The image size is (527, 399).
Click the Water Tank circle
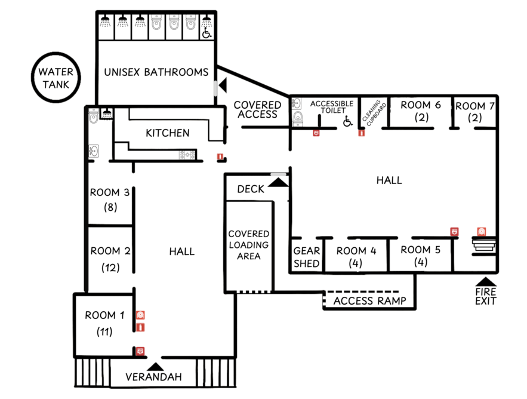click(56, 53)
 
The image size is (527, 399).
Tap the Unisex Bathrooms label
click(156, 72)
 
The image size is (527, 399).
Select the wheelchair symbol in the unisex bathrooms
click(207, 33)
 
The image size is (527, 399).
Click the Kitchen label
click(167, 133)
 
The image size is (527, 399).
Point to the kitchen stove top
click(187, 155)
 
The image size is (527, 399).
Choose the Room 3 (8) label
click(110, 199)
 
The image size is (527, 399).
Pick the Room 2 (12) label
click(110, 259)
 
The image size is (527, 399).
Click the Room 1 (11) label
click(104, 323)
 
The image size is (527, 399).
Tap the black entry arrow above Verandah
click(155, 366)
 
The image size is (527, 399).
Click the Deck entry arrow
click(278, 182)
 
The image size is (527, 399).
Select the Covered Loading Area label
click(249, 245)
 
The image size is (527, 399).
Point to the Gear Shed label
click(307, 257)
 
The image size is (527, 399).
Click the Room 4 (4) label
click(356, 257)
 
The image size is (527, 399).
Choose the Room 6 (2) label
click(421, 111)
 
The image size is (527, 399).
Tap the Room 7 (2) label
click(474, 112)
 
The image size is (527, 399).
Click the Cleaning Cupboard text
click(374, 112)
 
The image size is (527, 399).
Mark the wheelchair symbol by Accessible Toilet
click(348, 121)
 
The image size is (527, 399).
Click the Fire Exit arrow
click(485, 281)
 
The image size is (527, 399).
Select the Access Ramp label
click(369, 301)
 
